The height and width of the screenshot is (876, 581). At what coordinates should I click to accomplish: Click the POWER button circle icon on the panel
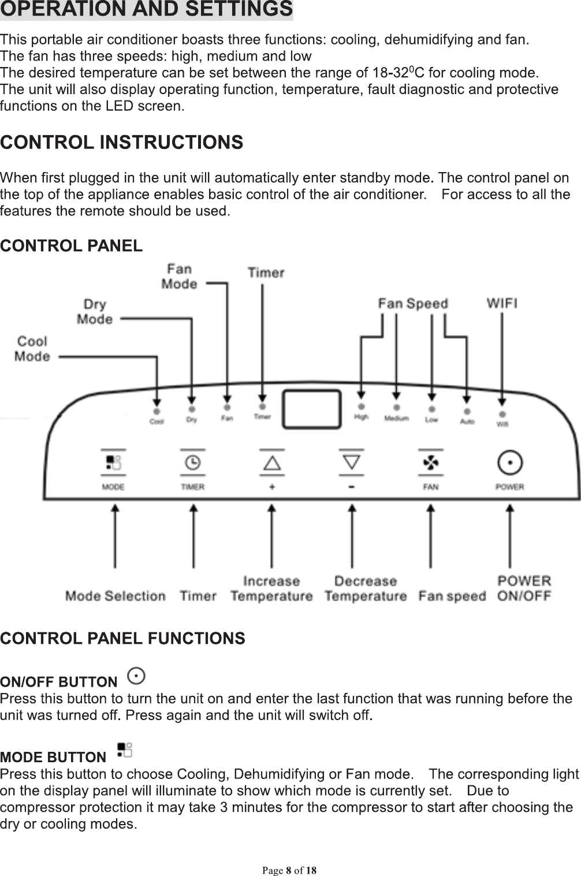tap(509, 463)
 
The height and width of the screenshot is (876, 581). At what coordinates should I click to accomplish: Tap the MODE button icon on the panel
tap(113, 463)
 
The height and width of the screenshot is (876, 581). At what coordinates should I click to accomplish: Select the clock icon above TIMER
tap(193, 463)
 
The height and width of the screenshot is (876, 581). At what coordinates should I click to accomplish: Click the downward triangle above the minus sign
tap(352, 462)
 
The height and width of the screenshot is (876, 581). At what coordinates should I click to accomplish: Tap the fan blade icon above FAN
tap(431, 463)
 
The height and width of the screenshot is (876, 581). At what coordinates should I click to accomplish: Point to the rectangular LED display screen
tap(311, 409)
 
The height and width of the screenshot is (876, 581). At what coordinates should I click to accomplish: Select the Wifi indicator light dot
tap(502, 415)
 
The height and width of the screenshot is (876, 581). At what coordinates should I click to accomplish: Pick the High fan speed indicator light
tap(361, 407)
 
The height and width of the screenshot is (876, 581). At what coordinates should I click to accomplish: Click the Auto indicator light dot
tap(467, 412)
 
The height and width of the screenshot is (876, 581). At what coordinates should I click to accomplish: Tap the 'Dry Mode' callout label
tap(95, 311)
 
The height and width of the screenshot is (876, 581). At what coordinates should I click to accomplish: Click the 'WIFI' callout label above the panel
tap(502, 303)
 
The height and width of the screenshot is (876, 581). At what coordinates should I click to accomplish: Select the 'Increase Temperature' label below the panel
tap(271, 588)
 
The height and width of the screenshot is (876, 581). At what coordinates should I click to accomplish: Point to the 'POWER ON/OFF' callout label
tap(524, 588)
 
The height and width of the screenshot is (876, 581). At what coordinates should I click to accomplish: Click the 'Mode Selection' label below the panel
tap(116, 596)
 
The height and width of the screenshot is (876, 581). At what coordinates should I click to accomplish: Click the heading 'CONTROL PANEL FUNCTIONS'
tap(122, 638)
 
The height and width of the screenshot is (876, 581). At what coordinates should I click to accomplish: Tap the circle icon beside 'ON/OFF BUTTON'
tap(136, 675)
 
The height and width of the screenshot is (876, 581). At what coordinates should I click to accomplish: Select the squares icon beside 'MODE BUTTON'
tap(124, 750)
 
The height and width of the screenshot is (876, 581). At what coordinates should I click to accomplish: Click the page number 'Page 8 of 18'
tap(290, 870)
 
